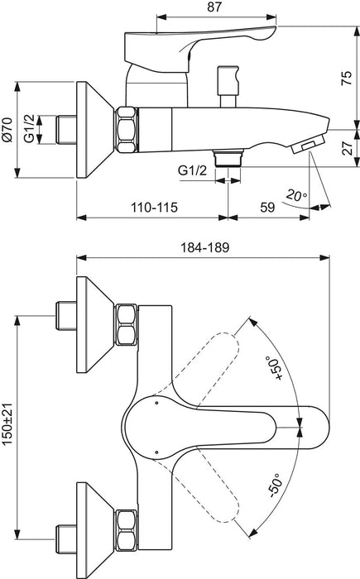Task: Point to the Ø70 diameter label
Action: [x=8, y=129]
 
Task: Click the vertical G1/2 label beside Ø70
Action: [x=29, y=129]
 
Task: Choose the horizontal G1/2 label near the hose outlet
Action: [x=192, y=170]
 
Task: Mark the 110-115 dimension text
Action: [x=151, y=207]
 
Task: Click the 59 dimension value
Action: [x=269, y=207]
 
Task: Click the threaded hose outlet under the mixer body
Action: [x=228, y=157]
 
